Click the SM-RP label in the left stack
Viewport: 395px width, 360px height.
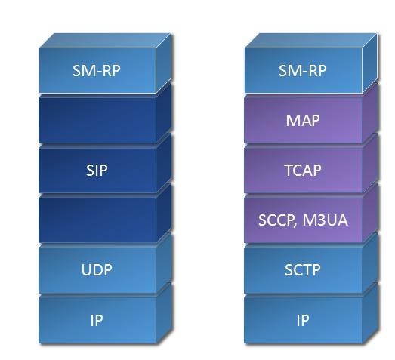tap(97, 71)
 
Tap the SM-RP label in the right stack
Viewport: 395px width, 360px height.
tap(303, 71)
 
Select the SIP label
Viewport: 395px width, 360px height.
tap(97, 170)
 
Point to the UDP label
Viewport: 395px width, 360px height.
tap(97, 270)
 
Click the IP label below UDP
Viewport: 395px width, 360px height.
tap(97, 321)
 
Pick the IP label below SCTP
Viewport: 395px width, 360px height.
tap(303, 321)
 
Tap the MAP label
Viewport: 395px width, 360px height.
tap(303, 121)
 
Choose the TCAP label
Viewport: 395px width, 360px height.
tap(303, 170)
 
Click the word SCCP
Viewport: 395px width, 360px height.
tap(276, 220)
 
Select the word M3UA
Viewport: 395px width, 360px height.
tap(326, 220)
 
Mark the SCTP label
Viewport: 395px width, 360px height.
tap(303, 270)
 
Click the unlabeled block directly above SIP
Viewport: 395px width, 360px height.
tap(97, 120)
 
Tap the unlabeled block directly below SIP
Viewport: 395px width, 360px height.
tap(97, 220)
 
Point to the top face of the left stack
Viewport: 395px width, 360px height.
tap(105, 41)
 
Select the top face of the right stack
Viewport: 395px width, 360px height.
tap(311, 41)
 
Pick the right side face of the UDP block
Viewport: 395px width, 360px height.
tap(164, 263)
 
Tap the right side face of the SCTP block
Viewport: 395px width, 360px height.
tap(370, 263)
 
